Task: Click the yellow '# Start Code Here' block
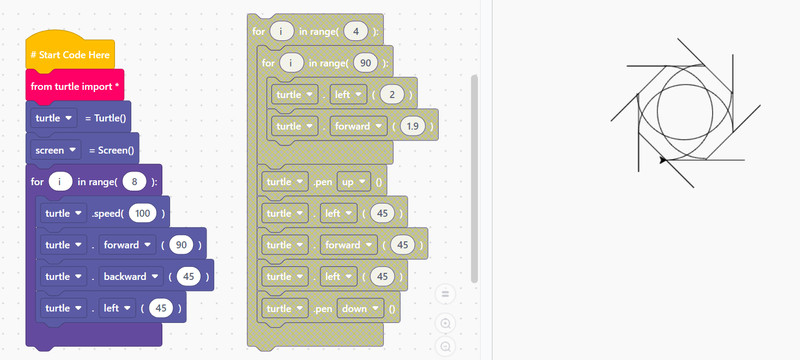click(x=70, y=53)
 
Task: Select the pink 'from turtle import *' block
click(x=75, y=86)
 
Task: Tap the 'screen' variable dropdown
click(x=56, y=150)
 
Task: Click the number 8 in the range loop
click(x=135, y=182)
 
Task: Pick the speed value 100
click(x=142, y=213)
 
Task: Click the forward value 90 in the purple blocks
click(x=181, y=245)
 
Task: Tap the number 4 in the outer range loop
click(x=356, y=31)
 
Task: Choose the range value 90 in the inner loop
click(x=366, y=63)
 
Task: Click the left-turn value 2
click(x=393, y=94)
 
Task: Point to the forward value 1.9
click(x=413, y=126)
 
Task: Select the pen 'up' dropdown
click(x=354, y=182)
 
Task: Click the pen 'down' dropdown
click(x=360, y=308)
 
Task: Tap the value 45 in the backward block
click(x=189, y=276)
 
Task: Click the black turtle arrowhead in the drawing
click(x=663, y=160)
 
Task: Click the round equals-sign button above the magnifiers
click(x=445, y=294)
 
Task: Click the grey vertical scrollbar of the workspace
click(x=474, y=179)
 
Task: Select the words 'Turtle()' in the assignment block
click(x=110, y=118)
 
